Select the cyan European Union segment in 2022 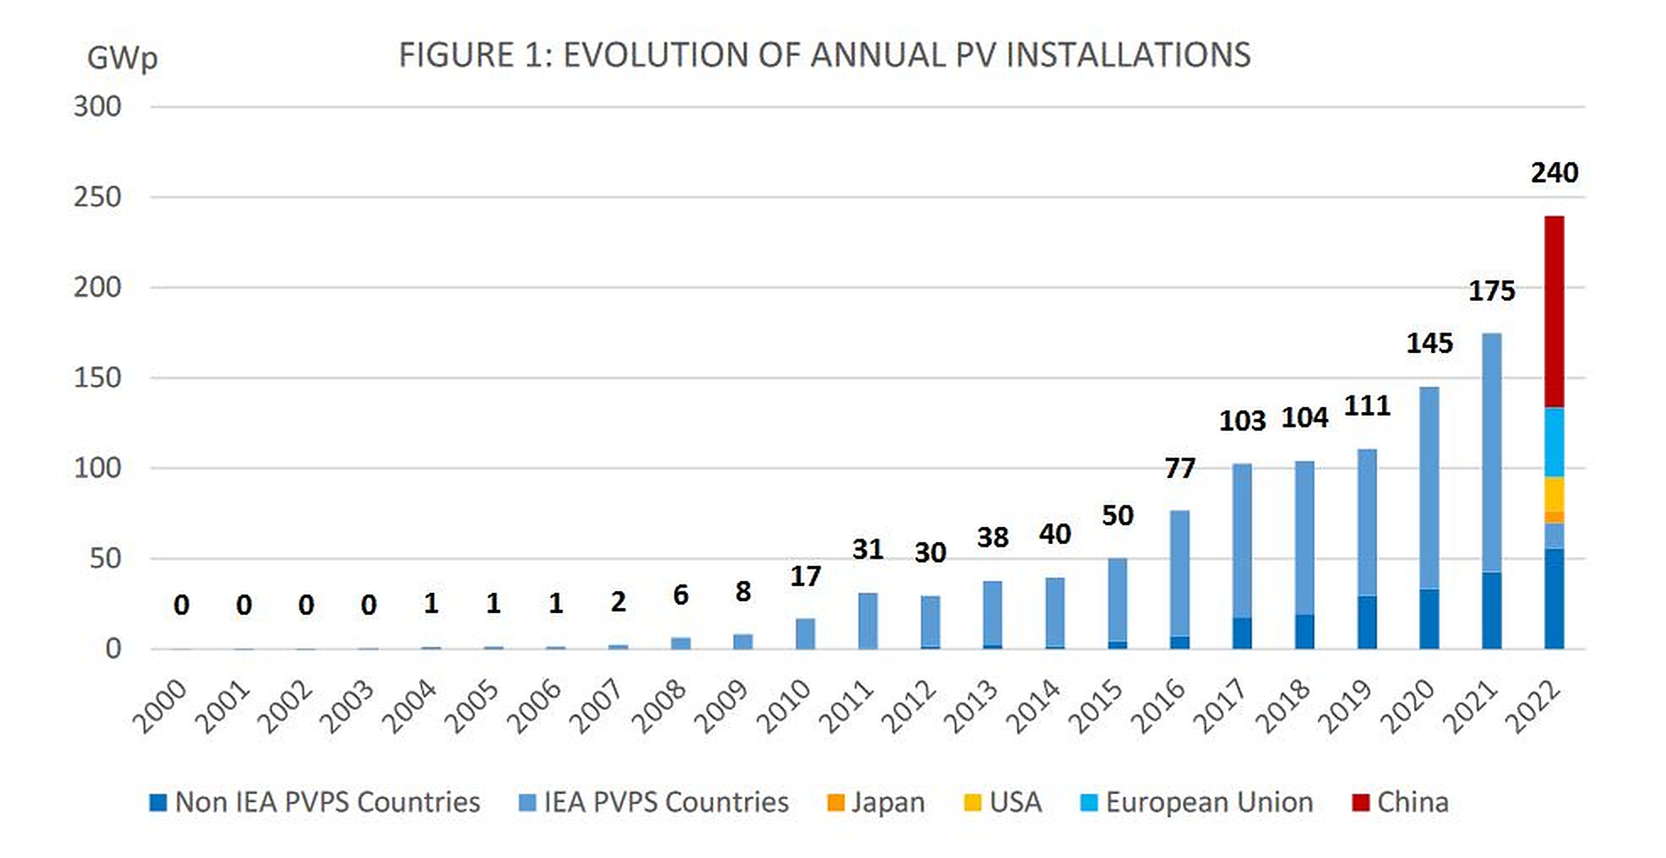[1554, 442]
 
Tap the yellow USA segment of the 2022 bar [1554, 493]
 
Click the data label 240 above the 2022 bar [1554, 172]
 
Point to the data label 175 [1491, 291]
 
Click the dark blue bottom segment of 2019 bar [1366, 622]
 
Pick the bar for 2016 [1179, 574]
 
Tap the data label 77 [1179, 468]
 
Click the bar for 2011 [868, 621]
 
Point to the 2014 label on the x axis [1032, 706]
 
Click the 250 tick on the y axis [97, 197]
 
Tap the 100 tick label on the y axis [97, 468]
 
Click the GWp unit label [122, 57]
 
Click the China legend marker [1359, 802]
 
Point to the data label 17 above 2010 [805, 576]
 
